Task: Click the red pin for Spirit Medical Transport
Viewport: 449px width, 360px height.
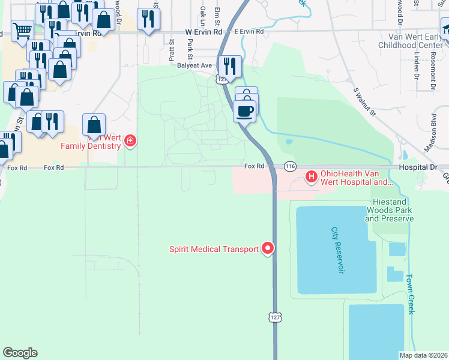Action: (x=268, y=248)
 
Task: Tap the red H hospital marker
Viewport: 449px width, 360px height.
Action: (x=312, y=176)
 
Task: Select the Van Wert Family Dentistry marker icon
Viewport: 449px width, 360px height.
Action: (x=130, y=141)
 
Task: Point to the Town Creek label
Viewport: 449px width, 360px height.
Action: (x=410, y=295)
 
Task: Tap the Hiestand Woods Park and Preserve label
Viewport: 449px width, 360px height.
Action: (x=389, y=211)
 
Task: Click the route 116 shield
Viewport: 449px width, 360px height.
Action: (x=291, y=166)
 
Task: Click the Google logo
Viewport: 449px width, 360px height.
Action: (x=20, y=352)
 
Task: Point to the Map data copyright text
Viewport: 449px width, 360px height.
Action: (x=423, y=355)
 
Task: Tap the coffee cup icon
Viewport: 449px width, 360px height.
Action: (x=245, y=111)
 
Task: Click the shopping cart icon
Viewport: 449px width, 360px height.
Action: (x=22, y=29)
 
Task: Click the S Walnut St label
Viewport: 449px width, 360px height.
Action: (x=364, y=102)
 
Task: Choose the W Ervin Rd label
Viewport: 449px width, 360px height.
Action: (x=203, y=31)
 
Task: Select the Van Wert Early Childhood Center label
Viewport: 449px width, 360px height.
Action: (x=414, y=41)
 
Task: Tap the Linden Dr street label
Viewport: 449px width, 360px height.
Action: (x=416, y=67)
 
